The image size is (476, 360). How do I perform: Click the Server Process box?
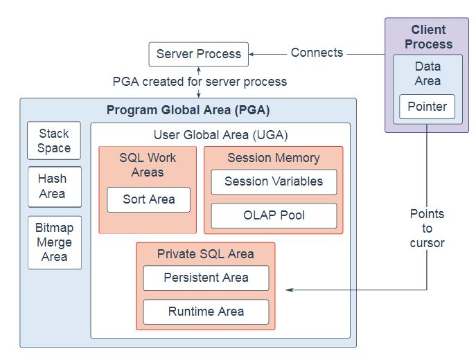[198, 54]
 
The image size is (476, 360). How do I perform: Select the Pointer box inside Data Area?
[427, 107]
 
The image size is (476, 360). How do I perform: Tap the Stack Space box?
[54, 141]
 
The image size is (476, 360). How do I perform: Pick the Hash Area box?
[54, 186]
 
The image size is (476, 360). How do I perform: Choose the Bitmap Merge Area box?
[54, 242]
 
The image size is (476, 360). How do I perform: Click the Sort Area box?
[148, 199]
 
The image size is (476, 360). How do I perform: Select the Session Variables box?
[274, 181]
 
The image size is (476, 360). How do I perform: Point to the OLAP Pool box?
[274, 215]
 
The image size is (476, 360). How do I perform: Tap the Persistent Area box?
[206, 278]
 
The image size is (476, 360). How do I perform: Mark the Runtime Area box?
[206, 312]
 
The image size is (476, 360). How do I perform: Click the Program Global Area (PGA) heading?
[188, 111]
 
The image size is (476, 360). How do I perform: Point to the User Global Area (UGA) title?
[220, 135]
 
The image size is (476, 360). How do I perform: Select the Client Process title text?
[427, 37]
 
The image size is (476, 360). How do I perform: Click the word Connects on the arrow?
[317, 53]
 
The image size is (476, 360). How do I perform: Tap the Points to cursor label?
[427, 228]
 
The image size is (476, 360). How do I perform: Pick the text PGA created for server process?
[200, 82]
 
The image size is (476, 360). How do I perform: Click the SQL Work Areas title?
[148, 165]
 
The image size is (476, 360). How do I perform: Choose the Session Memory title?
[274, 158]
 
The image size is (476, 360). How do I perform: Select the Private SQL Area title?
[206, 254]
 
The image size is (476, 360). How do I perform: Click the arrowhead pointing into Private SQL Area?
[290, 289]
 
